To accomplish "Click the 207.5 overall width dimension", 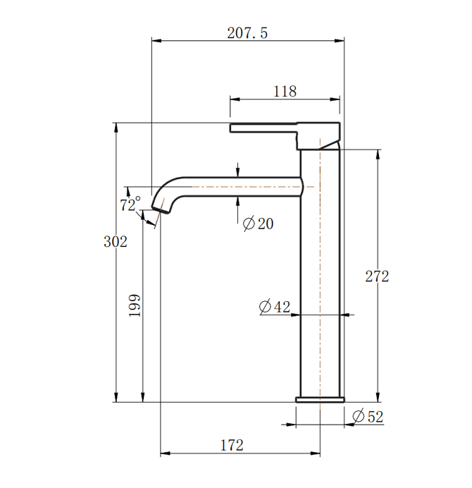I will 248,33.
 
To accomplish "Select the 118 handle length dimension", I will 285,91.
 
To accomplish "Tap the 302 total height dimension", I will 115,241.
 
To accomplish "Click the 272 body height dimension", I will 377,276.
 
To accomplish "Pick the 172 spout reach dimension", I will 232,445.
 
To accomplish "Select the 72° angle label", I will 130,205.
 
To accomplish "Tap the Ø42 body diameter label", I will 275,307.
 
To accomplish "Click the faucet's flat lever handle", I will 264,128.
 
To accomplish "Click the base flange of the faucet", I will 321,398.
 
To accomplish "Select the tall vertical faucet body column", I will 321,275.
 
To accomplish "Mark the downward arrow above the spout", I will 239,171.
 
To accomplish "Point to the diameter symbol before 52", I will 357,416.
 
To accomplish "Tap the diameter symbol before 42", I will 266,307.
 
